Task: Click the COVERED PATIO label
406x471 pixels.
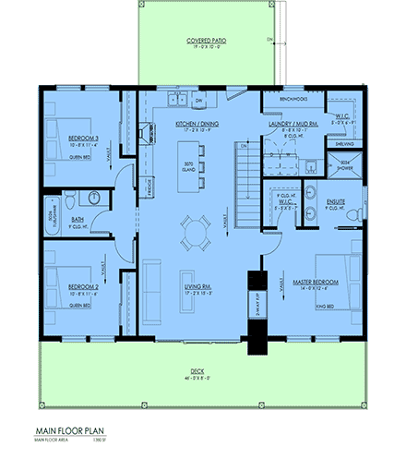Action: coord(206,41)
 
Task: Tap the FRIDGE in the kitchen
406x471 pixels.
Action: coord(149,186)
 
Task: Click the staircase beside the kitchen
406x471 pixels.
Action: coord(246,181)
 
